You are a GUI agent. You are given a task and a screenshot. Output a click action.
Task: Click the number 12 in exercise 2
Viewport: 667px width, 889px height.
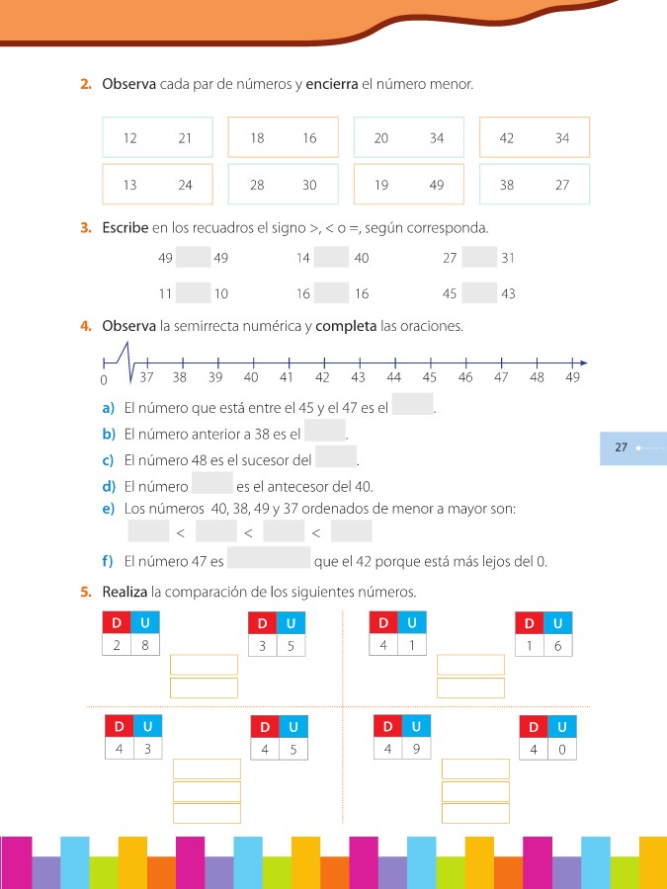pos(130,138)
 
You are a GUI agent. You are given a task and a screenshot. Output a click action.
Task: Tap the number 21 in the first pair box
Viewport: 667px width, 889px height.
pos(185,138)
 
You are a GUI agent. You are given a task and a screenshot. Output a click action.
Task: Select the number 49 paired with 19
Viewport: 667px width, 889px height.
pos(437,185)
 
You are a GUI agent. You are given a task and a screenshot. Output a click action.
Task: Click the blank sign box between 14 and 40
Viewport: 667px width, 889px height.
pos(332,258)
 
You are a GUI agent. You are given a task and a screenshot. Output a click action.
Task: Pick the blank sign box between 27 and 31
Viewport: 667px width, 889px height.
pos(479,258)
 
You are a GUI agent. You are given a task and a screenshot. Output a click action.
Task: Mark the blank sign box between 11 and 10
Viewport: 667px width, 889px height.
pos(194,293)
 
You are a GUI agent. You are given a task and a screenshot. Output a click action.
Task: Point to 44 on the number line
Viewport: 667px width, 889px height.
pos(394,377)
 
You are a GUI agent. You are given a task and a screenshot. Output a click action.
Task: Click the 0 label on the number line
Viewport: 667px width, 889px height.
pos(104,380)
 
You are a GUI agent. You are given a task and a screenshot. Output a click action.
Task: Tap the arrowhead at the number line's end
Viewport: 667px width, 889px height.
pos(584,362)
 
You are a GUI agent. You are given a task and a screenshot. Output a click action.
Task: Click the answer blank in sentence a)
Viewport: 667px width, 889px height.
pos(413,405)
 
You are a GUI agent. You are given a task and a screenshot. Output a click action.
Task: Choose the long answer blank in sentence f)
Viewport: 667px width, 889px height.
pos(269,560)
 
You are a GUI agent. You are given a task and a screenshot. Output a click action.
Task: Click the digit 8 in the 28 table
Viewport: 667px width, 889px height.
pos(145,645)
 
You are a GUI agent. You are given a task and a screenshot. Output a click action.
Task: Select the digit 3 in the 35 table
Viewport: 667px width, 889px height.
pos(262,646)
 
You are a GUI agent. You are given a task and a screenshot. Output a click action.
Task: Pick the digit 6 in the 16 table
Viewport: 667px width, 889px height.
pos(558,646)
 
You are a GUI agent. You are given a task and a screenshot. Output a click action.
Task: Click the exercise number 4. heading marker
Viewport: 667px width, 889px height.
pos(86,325)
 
